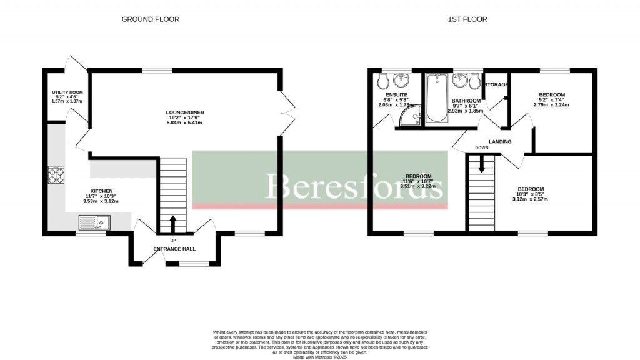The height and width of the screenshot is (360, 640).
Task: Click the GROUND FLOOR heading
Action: (x=150, y=19)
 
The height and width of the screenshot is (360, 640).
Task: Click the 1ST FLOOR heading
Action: (x=467, y=19)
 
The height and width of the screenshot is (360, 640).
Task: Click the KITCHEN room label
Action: (x=101, y=191)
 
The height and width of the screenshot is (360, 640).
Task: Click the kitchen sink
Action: (x=94, y=222)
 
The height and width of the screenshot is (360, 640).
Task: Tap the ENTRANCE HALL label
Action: (x=174, y=249)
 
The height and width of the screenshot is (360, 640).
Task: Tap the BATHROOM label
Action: (x=466, y=101)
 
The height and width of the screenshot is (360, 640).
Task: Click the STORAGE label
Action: (x=497, y=85)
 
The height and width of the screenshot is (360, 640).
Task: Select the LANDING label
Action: (x=500, y=142)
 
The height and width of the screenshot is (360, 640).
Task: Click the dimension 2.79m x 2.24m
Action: (x=552, y=105)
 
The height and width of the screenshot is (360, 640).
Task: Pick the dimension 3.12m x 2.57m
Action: (x=530, y=199)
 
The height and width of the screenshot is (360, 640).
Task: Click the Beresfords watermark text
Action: (x=355, y=186)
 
